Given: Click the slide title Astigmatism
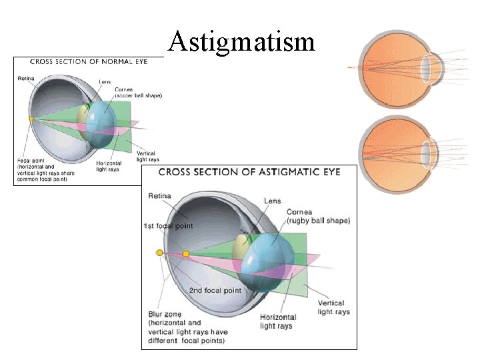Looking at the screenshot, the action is [x=241, y=42].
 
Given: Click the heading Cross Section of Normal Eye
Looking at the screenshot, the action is [x=87, y=62].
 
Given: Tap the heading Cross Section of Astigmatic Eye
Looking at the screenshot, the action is [x=249, y=172].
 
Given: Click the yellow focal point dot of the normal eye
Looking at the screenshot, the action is [x=31, y=119].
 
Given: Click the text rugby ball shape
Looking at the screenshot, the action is [x=318, y=221].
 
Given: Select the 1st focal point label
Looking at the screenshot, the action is [x=168, y=226].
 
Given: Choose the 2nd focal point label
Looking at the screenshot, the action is [x=215, y=291].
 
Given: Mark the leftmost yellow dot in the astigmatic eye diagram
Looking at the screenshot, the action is [x=159, y=253].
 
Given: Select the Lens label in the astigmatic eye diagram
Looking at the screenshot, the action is [x=272, y=201].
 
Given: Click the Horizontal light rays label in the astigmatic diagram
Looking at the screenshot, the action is [x=277, y=321].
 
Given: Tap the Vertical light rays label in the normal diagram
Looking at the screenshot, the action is [x=146, y=157].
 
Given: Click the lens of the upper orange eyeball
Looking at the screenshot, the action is [x=426, y=67].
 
